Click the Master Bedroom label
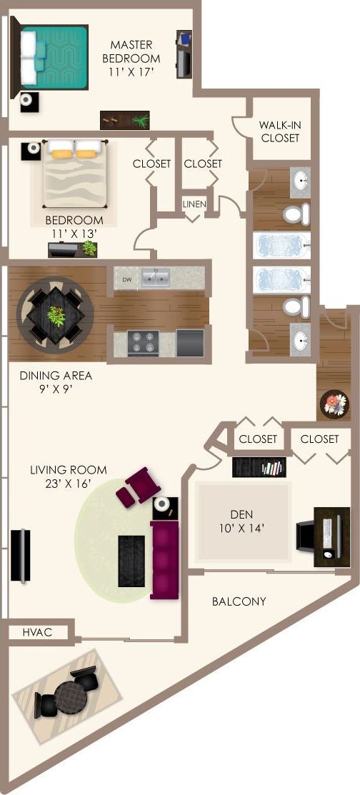[131, 58]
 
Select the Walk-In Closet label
[280, 131]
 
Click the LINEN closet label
[194, 204]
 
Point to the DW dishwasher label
[126, 279]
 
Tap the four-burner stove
[143, 342]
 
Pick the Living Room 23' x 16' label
[69, 476]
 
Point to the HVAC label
[36, 632]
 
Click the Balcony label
[239, 601]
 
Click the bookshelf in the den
[259, 468]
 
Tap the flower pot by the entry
[333, 403]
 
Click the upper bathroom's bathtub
[282, 245]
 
